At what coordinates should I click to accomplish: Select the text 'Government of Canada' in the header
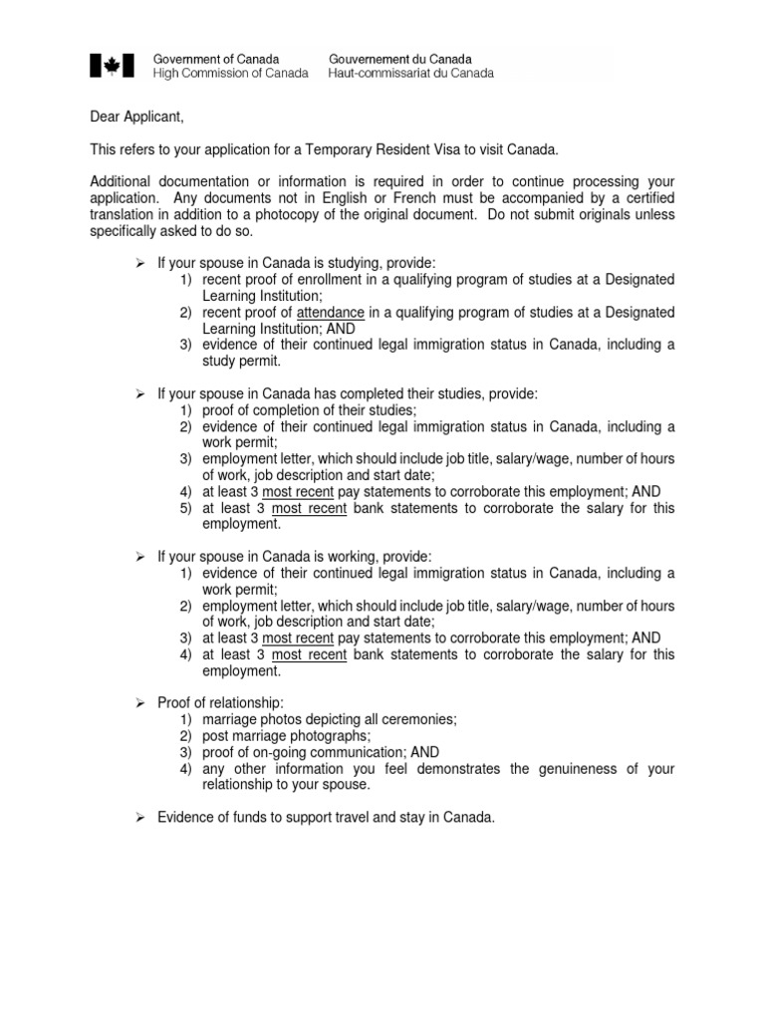pyautogui.click(x=215, y=59)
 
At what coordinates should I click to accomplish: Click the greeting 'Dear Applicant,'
pyautogui.click(x=136, y=118)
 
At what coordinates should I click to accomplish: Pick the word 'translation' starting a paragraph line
pyautogui.click(x=124, y=214)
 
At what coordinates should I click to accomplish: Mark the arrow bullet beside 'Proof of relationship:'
pyautogui.click(x=140, y=703)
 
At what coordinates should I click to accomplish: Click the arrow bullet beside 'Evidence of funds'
pyautogui.click(x=140, y=818)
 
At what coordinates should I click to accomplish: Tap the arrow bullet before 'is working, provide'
pyautogui.click(x=140, y=557)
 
